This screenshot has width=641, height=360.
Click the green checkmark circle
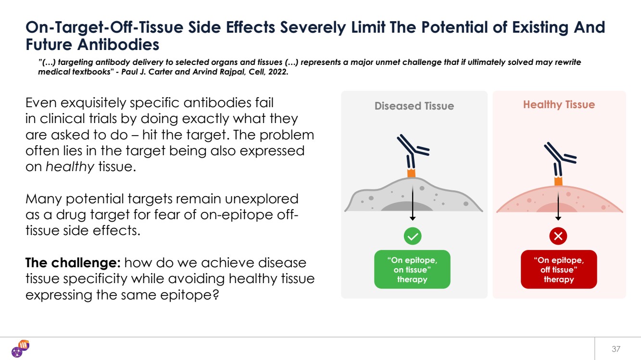click(x=413, y=236)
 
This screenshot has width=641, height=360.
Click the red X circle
click(x=558, y=236)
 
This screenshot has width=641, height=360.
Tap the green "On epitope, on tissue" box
click(x=412, y=269)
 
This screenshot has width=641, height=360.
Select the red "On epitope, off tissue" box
click(x=559, y=269)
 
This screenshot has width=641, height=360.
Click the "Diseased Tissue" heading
click(x=414, y=106)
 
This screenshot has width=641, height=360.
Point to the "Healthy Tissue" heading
click(x=559, y=105)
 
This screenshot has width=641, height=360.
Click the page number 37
click(x=616, y=349)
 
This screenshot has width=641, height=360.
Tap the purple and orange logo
click(x=21, y=348)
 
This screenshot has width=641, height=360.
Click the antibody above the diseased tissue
click(x=412, y=151)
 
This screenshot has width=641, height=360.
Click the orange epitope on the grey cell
click(x=411, y=173)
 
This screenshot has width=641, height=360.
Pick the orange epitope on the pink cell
click(x=558, y=181)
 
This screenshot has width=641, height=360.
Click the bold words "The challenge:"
click(x=73, y=262)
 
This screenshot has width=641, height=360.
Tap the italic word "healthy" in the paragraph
click(x=70, y=167)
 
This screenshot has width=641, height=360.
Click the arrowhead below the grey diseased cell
click(x=413, y=219)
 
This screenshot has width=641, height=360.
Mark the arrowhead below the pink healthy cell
click(x=558, y=219)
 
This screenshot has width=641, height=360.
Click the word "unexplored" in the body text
click(x=261, y=199)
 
